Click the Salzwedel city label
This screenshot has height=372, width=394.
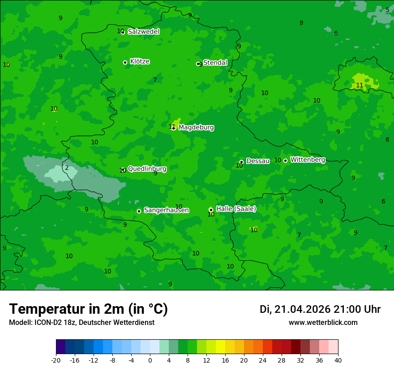143,32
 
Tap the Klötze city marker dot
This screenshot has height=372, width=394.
125,63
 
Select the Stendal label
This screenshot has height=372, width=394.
215,63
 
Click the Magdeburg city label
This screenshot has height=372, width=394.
196,128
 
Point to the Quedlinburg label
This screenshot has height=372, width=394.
147,169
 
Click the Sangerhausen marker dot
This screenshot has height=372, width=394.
139,211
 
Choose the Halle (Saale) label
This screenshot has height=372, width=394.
236,209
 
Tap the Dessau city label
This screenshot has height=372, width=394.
258,161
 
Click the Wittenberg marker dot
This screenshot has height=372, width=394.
285,160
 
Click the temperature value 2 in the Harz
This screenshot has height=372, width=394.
67,168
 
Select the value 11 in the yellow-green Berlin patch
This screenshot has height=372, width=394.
360,86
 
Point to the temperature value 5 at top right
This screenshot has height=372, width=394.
387,10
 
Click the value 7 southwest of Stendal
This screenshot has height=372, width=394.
155,80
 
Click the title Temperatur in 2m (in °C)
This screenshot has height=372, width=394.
88,309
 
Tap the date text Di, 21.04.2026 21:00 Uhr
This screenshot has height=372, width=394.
320,309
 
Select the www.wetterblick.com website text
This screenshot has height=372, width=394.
323,323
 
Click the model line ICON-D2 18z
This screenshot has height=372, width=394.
81,323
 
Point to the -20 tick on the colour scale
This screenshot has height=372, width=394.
56,360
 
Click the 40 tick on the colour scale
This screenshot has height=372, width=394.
338,360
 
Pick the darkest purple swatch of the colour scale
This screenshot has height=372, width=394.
60,347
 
